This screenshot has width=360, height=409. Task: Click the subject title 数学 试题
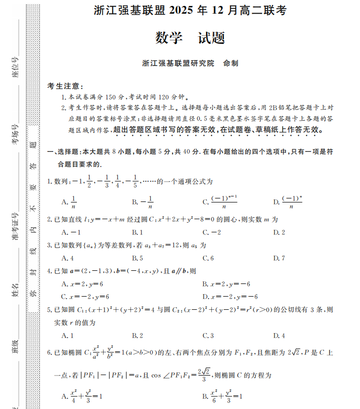[x=190, y=38]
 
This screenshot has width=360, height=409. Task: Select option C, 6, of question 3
[x=208, y=258]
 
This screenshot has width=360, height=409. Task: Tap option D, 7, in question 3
[x=279, y=258]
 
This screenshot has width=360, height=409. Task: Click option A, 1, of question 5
[x=68, y=336]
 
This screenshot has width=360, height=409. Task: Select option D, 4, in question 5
[x=279, y=336]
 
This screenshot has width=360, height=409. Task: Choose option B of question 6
[x=223, y=395]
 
